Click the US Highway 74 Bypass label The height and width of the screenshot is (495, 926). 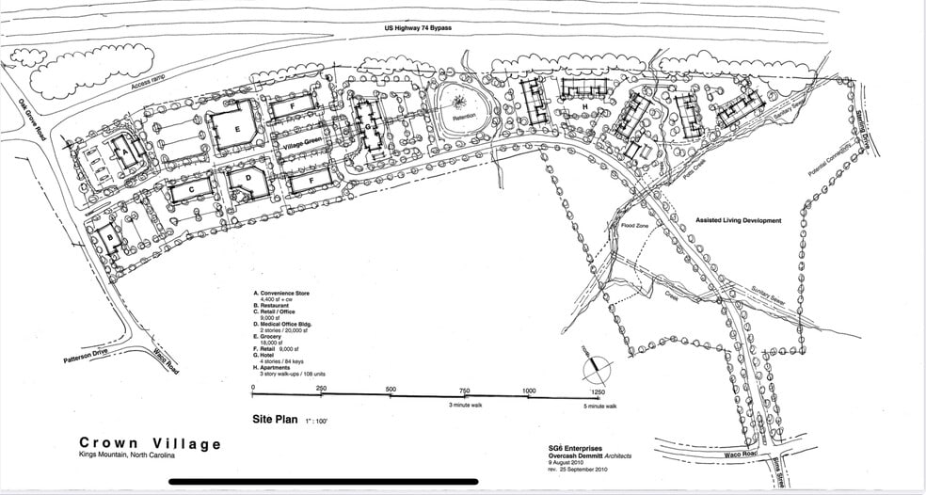point(418,28)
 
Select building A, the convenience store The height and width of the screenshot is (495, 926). point(121,150)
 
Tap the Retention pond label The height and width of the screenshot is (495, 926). point(464,118)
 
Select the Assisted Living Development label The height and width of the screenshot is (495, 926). point(738,220)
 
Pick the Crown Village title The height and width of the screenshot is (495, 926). point(151,443)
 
